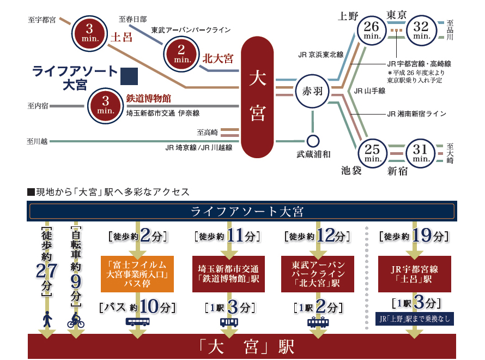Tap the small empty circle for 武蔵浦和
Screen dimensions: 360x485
tap(313, 140)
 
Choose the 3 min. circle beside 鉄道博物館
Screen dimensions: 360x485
tap(105, 105)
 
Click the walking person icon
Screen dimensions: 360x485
tap(47, 319)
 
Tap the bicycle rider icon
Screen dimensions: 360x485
tap(76, 320)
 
